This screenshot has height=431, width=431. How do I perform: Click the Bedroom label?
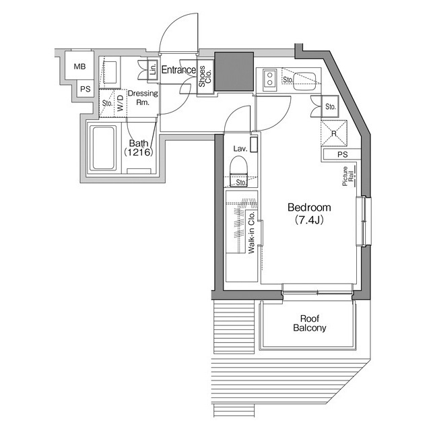point(309,207)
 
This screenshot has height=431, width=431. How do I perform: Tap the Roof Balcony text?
point(310,323)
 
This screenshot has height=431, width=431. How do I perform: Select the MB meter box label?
point(79,66)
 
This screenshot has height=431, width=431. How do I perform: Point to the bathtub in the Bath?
point(104,148)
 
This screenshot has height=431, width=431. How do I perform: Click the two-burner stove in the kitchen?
point(269,79)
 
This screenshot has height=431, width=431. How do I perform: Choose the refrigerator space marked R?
point(334,133)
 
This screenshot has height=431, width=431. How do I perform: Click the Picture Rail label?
point(347,176)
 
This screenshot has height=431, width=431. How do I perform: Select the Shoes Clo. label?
point(205,76)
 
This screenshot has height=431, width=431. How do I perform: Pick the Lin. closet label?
point(153,69)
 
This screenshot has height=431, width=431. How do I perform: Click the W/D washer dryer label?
point(121,104)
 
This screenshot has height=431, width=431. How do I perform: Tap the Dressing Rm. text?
point(143,98)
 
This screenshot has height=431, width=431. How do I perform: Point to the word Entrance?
point(178,70)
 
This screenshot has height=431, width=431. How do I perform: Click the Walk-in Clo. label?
point(252,233)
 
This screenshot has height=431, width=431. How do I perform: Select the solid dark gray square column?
point(234,71)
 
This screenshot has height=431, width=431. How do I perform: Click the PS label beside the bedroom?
point(343,154)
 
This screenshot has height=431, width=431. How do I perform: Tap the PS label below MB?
point(86,89)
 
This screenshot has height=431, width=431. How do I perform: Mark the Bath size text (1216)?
point(138,152)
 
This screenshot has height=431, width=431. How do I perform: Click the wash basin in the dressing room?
point(110,73)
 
